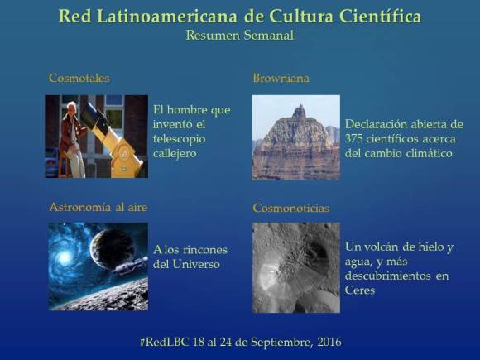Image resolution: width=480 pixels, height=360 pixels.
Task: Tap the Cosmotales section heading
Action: [x=79, y=79]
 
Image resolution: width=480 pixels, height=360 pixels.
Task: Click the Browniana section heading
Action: [x=281, y=79]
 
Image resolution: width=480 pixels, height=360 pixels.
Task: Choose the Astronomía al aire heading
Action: [x=98, y=207]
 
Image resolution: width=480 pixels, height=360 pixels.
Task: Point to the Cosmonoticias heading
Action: [x=290, y=208]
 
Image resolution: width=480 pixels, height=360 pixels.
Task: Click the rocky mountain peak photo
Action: [x=295, y=137]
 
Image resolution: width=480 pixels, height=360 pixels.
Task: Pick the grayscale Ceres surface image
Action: [x=295, y=266]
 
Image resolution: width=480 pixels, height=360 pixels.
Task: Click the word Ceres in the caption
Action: [x=361, y=290]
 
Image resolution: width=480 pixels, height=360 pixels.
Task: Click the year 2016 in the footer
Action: [x=325, y=341]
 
